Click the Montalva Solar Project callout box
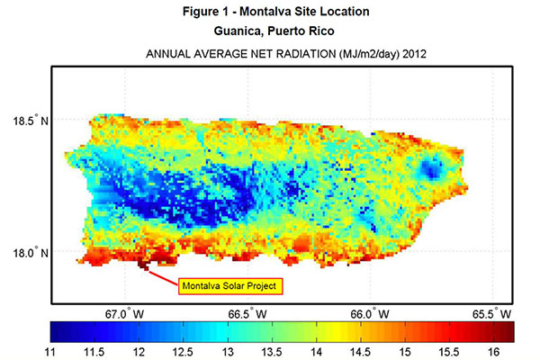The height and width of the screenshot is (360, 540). (x=231, y=286)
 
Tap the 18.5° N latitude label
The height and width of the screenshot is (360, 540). (x=31, y=120)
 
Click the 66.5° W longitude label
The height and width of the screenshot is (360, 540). (x=247, y=314)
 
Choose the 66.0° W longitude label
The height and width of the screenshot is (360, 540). (x=370, y=314)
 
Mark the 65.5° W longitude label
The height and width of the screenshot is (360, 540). (x=492, y=314)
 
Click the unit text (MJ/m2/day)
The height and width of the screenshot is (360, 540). (x=346, y=55)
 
